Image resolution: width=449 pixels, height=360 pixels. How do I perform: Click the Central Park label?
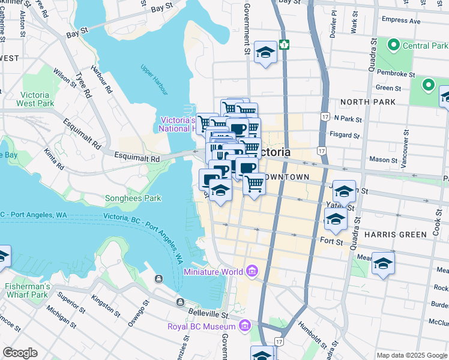[x=425, y=46]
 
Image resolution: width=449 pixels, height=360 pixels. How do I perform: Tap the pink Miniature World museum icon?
[x=251, y=272]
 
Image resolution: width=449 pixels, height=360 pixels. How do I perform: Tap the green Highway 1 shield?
[x=285, y=45]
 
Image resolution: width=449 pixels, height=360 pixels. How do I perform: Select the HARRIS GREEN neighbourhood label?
[x=390, y=232]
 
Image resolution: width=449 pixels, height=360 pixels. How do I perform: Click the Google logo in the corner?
[x=20, y=353]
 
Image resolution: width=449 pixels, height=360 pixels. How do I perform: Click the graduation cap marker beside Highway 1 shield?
[x=265, y=53]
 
